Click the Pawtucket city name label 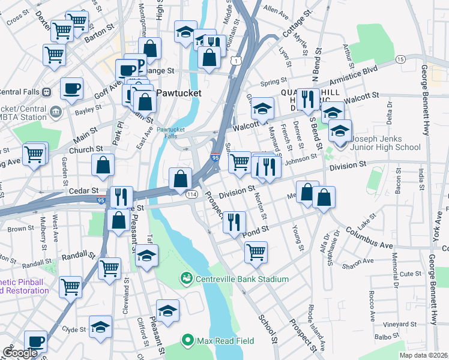pos(178,94)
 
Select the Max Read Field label pos(226,341)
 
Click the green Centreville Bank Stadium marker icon pos(187,279)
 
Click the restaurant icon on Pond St pos(235,222)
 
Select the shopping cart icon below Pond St pos(256,251)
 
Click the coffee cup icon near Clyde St pos(36,341)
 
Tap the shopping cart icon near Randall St pos(109,268)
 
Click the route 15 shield pos(400,59)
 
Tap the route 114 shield pos(192,194)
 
